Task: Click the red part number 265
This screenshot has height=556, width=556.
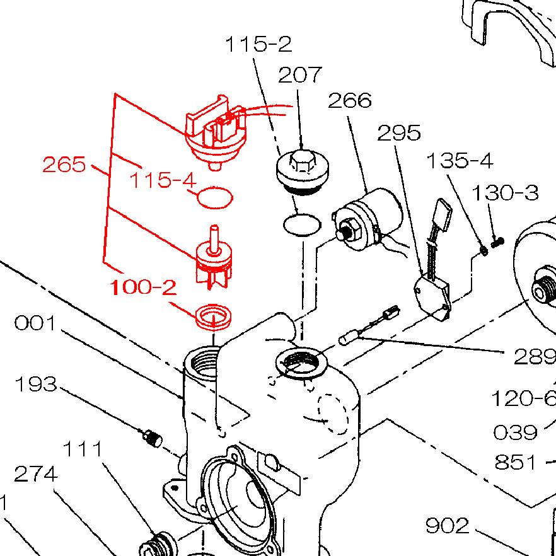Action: pos(64,165)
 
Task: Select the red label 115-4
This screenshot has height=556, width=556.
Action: pos(163,180)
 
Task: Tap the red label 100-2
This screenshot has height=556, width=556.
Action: pos(143,287)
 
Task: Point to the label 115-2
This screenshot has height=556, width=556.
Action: pos(258,45)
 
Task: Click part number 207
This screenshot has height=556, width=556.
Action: pos(300,75)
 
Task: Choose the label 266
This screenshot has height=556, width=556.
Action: pos(350,100)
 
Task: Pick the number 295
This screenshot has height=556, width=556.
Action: pos(399,133)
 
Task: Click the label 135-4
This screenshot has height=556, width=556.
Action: pos(460,161)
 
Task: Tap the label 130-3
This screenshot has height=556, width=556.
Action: pos(506,192)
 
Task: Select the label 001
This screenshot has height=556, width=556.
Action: pos(35,323)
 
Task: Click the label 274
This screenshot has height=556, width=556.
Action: pos(36,473)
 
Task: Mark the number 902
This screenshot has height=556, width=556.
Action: pos(448,525)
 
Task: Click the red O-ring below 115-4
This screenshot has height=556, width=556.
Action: pos(215,197)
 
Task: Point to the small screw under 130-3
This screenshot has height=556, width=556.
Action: pos(497,241)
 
